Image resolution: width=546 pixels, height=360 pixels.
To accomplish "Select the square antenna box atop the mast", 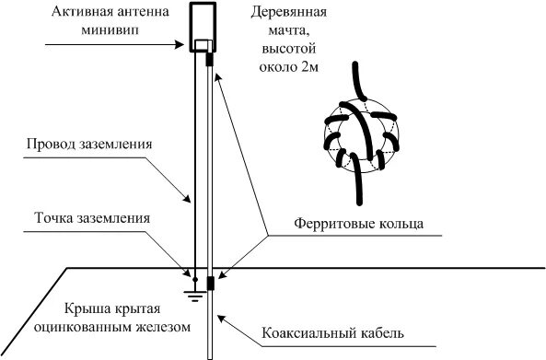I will [x=206, y=27].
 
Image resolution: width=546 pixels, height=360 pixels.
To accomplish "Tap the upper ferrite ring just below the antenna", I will [x=211, y=58].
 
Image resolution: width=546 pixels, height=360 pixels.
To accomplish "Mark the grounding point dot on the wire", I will [x=194, y=278].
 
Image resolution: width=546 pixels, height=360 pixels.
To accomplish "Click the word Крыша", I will [x=87, y=309].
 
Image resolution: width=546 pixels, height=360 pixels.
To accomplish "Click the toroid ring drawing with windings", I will [x=360, y=134].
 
